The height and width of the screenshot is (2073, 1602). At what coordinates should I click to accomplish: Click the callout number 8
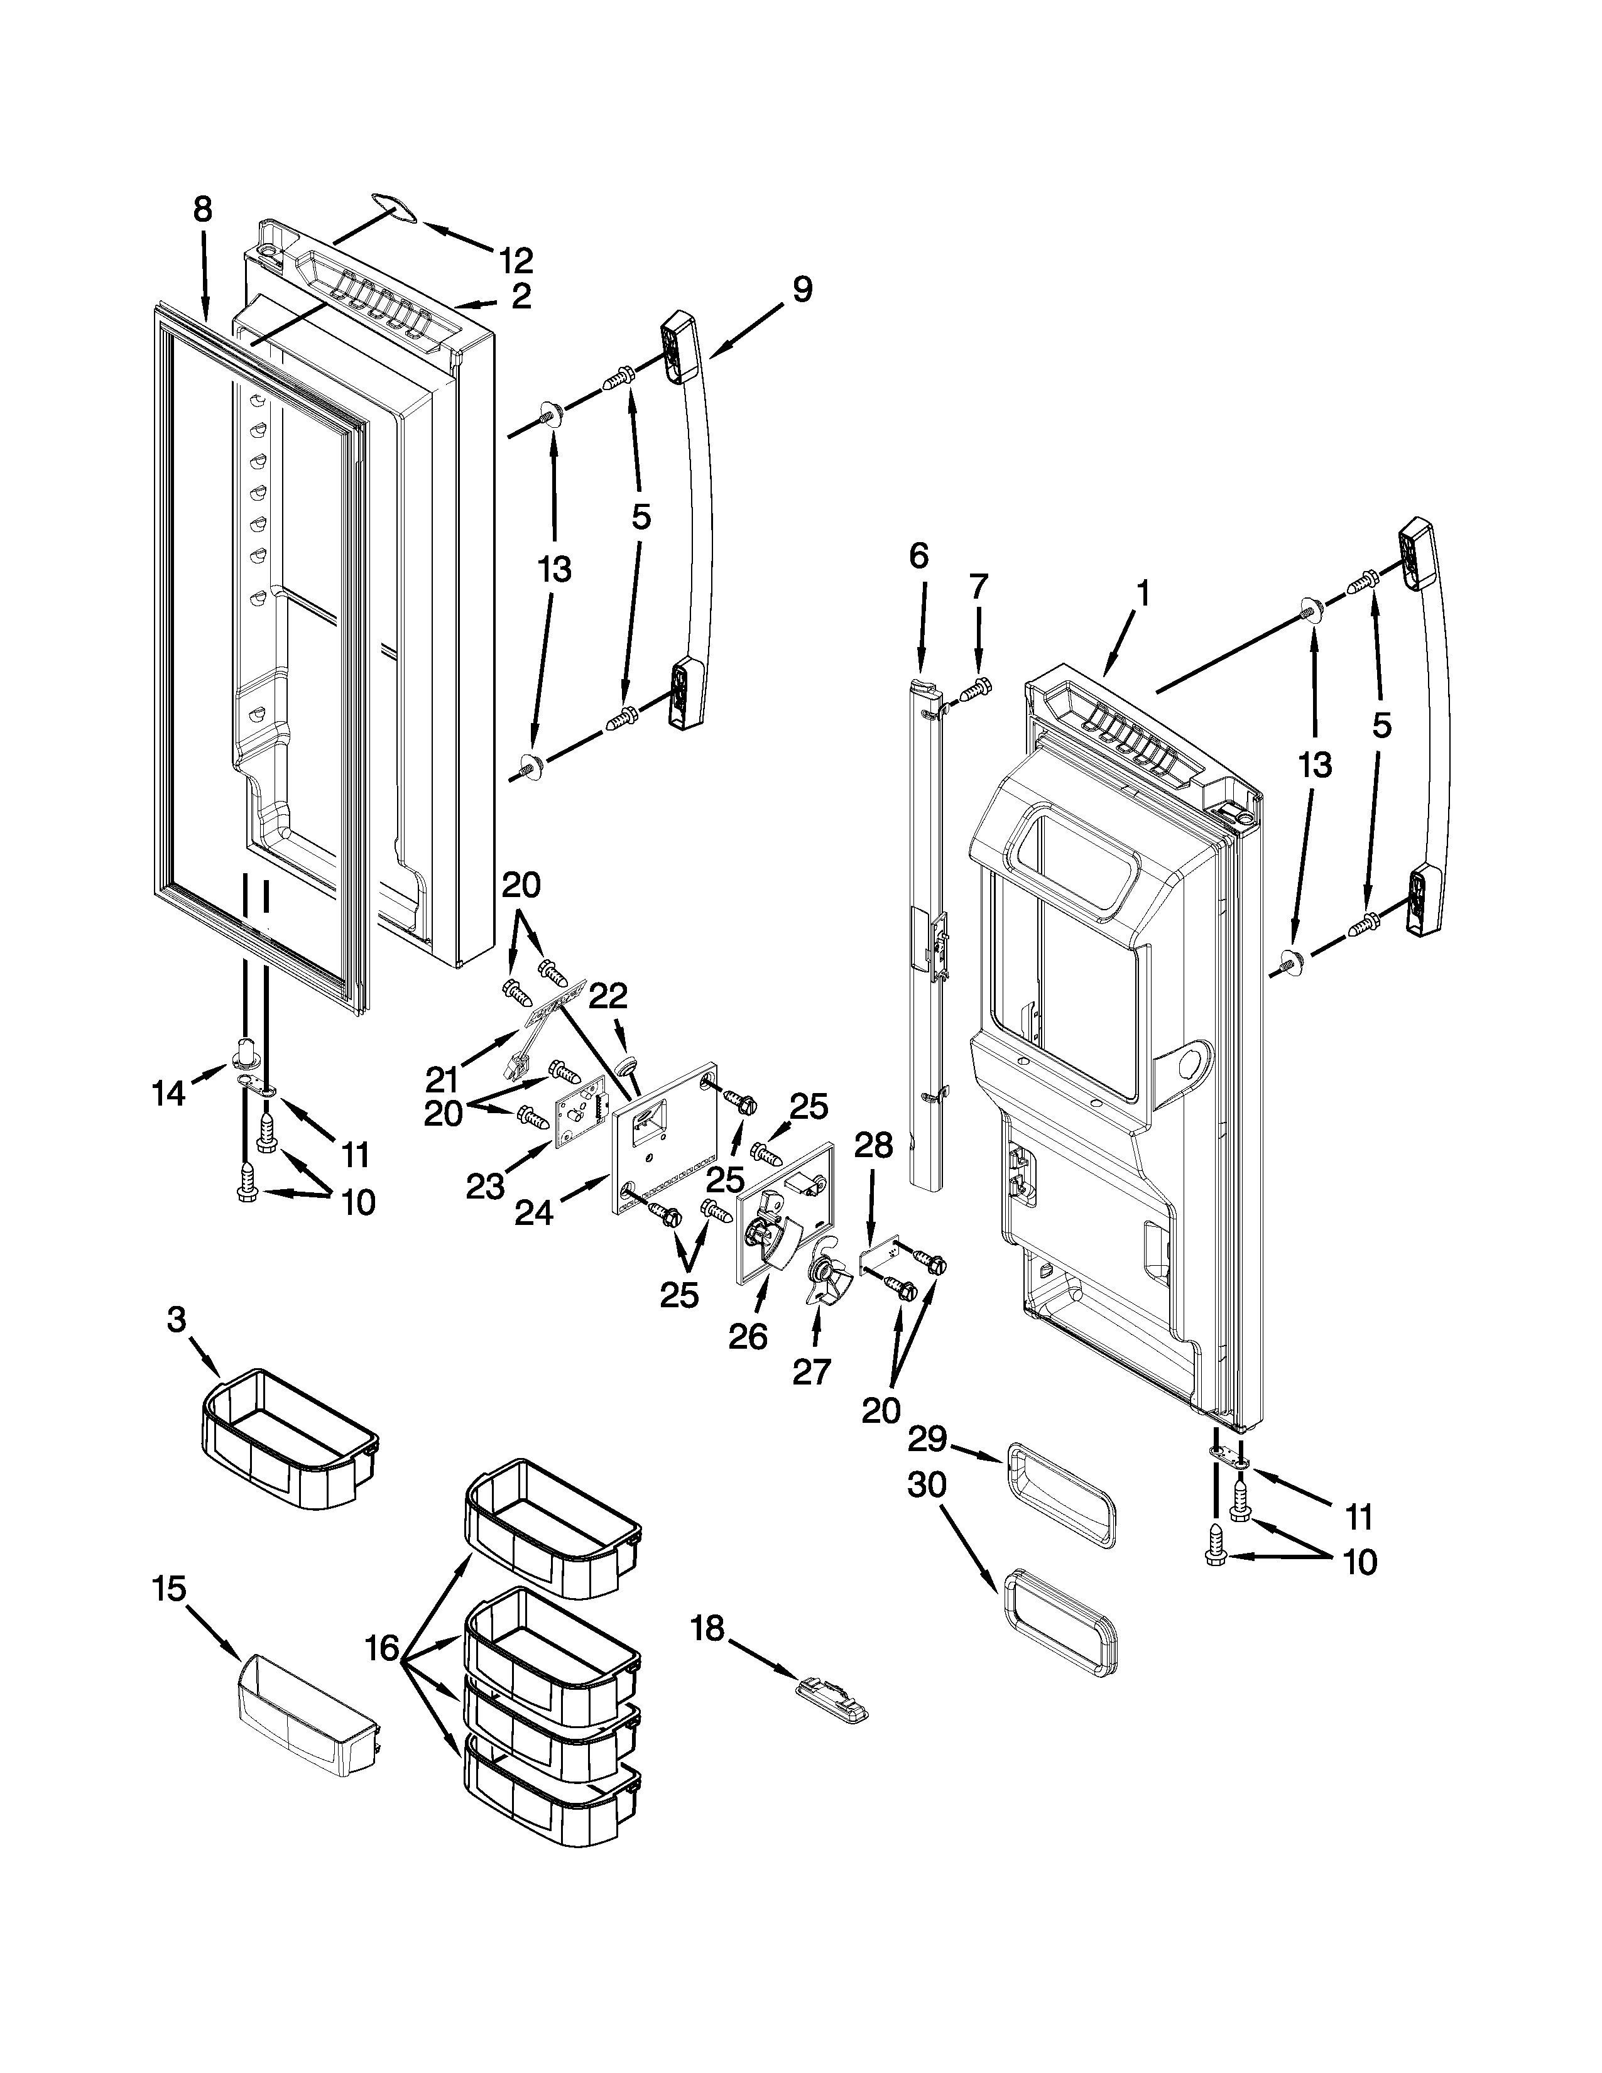pos(202,210)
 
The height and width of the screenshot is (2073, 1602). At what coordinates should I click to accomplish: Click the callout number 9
pos(802,288)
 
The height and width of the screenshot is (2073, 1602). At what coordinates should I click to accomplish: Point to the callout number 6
pos(918,555)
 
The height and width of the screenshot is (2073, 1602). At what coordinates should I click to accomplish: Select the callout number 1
pos(1143,594)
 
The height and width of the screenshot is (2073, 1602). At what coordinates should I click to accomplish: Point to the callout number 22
pos(608,996)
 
